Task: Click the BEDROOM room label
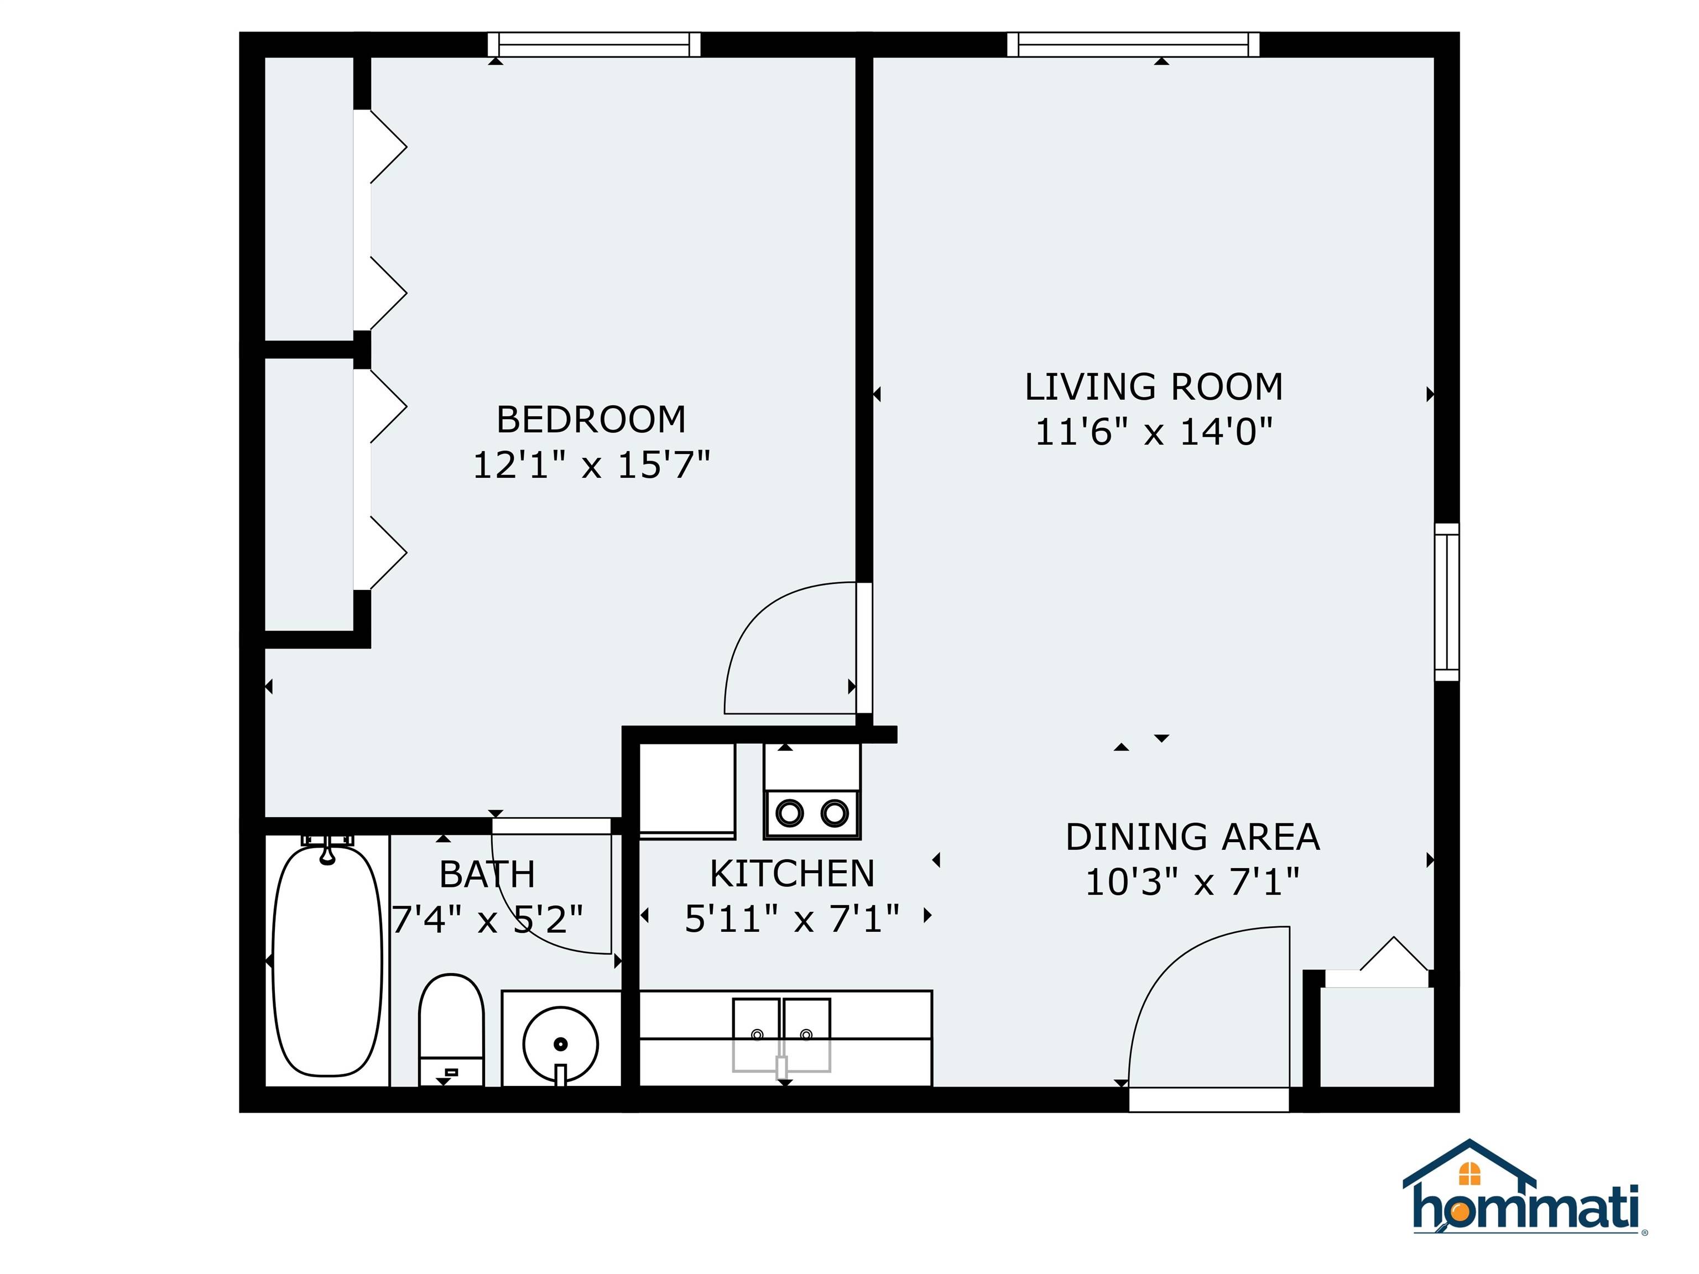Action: [591, 419]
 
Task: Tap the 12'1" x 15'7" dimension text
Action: [591, 464]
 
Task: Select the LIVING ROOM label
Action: [1154, 387]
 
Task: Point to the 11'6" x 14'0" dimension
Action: [1154, 431]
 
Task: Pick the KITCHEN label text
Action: [792, 873]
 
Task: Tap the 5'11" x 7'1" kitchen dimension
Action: [792, 918]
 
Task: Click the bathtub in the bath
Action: [327, 960]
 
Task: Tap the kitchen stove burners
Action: [812, 812]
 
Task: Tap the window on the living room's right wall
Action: [1446, 602]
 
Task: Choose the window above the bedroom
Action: [594, 45]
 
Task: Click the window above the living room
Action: [1133, 45]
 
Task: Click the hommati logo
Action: [1525, 1199]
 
